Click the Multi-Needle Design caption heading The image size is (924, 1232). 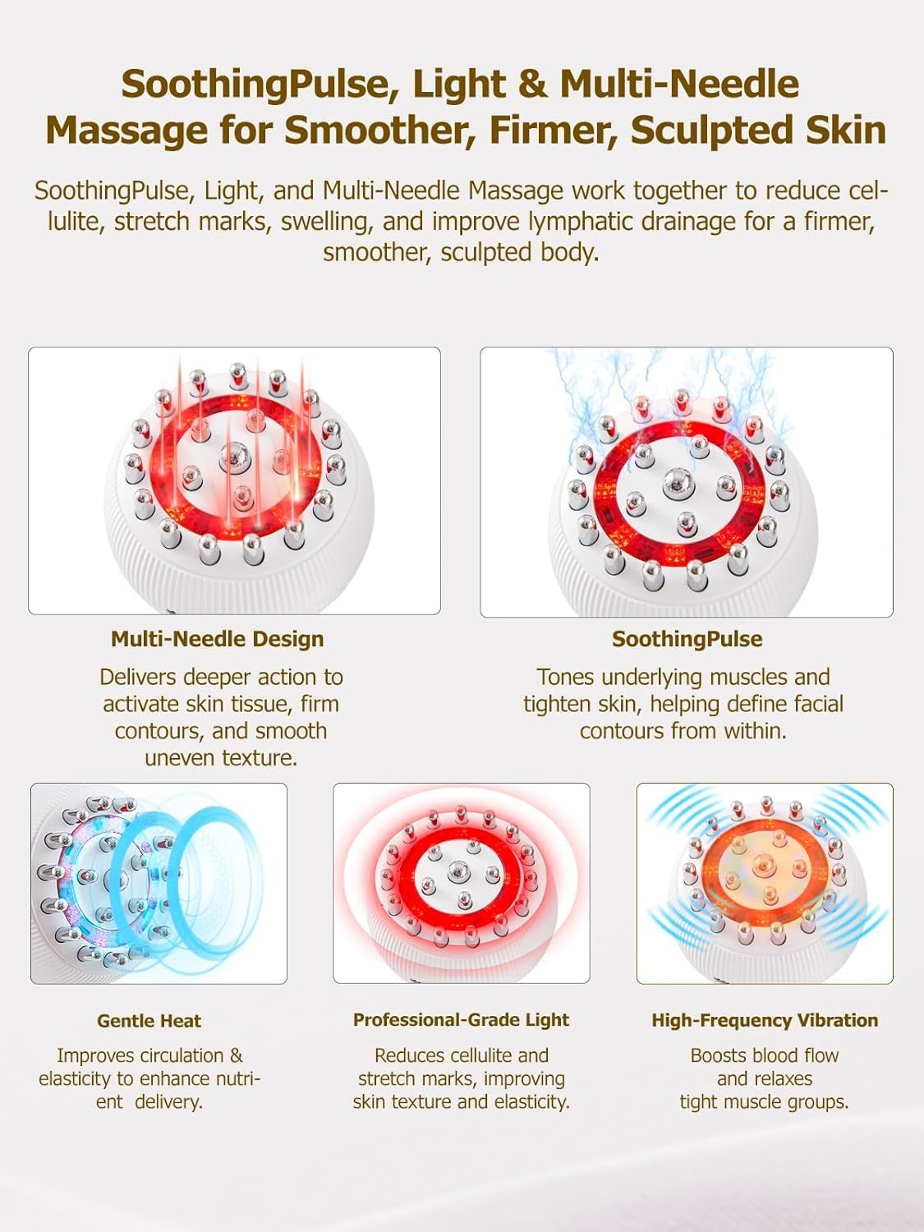point(217,639)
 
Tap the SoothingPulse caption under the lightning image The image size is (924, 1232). point(687,639)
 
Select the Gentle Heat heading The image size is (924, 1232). point(149,1021)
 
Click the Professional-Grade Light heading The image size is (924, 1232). point(461,1020)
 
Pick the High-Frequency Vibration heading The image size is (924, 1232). point(765,1020)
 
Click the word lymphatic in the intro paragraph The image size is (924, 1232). point(586,221)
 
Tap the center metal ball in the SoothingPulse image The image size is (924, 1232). point(678,482)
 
